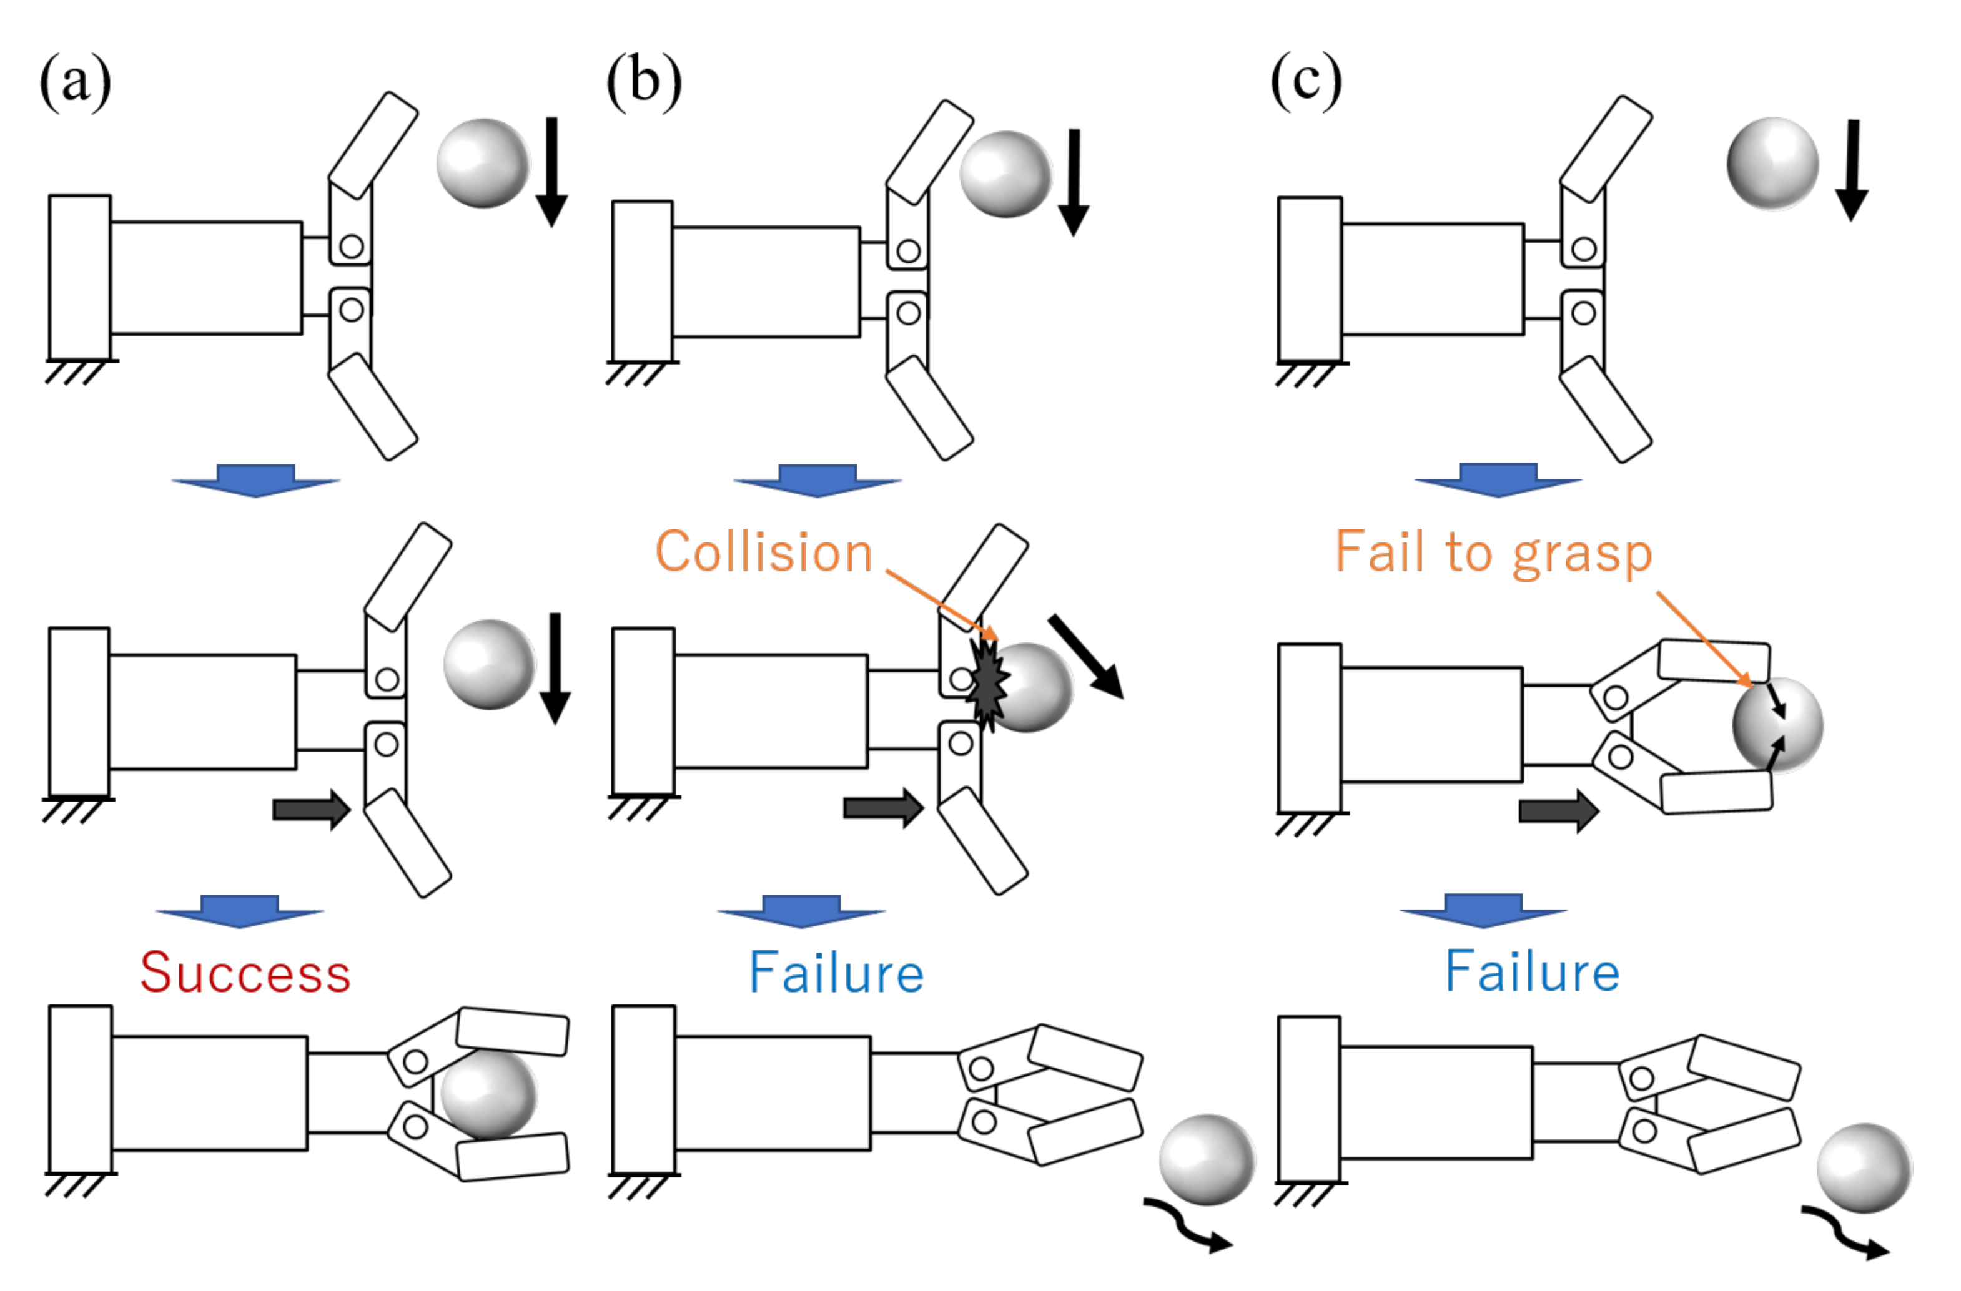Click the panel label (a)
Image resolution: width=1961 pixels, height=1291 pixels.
point(75,82)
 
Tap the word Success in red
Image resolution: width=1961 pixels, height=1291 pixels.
point(245,973)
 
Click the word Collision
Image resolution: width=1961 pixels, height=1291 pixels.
point(764,552)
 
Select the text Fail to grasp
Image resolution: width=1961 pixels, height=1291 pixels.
point(1493,552)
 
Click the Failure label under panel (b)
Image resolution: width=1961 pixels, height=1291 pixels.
point(836,973)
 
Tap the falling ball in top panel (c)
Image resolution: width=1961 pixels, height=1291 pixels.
point(1772,163)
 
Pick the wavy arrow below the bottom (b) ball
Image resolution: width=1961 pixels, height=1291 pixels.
point(1187,1227)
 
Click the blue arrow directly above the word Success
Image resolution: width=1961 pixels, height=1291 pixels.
point(239,910)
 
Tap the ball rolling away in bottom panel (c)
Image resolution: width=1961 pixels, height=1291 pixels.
point(1864,1167)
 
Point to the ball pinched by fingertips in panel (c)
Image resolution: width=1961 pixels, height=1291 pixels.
point(1778,724)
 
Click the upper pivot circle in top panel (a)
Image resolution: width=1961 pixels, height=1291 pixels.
point(351,245)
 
